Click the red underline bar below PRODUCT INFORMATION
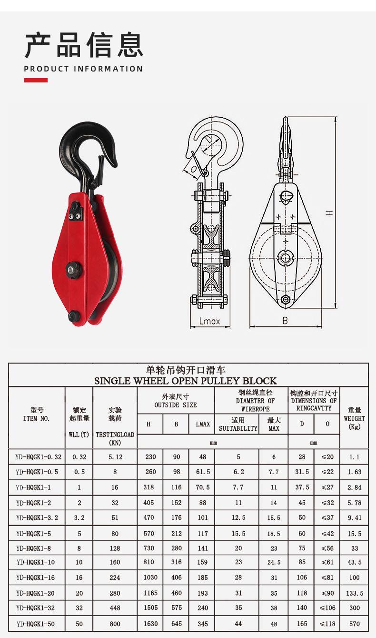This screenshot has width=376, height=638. [36, 81]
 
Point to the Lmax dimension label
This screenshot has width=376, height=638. [209, 321]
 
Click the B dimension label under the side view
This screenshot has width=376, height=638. [285, 321]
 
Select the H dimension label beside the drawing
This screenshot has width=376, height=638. [329, 213]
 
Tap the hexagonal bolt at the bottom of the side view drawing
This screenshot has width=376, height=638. [285, 300]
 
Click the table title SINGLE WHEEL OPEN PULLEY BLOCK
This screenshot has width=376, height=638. [186, 381]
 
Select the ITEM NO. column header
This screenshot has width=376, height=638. [36, 418]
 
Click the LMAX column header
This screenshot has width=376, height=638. [203, 424]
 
